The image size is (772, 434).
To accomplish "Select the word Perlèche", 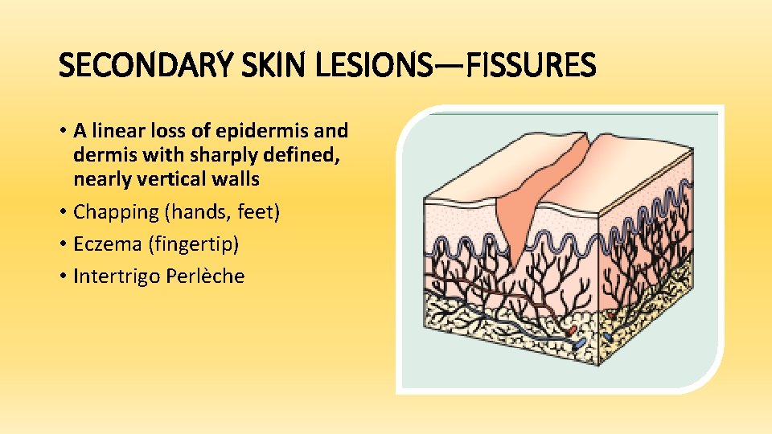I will [205, 276].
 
